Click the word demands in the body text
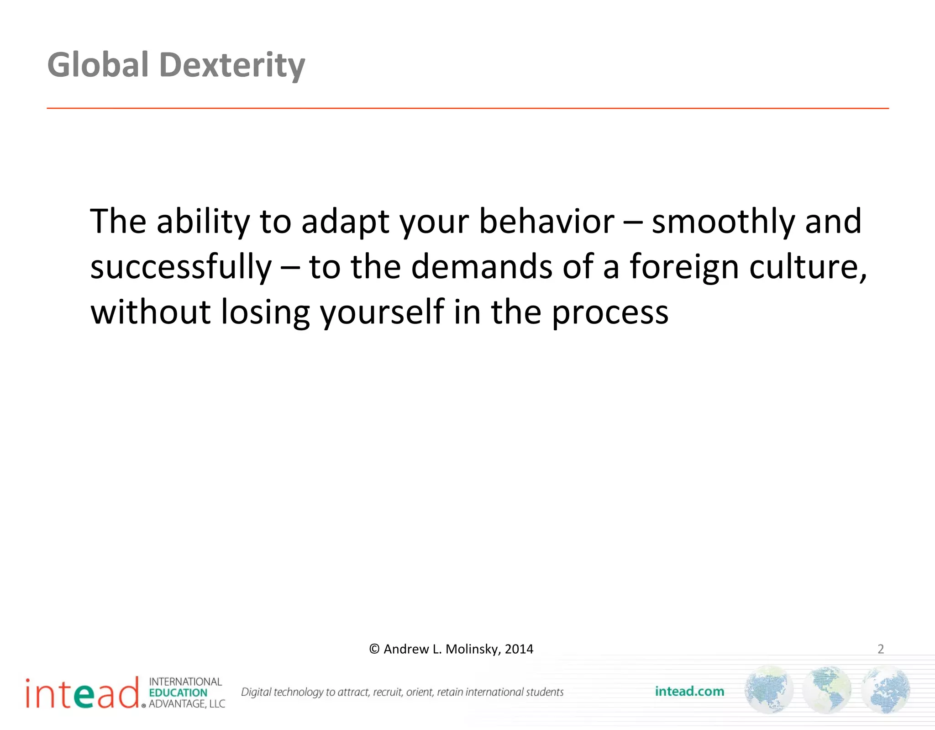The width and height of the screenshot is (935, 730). (x=482, y=267)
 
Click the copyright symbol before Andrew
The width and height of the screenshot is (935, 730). (x=374, y=649)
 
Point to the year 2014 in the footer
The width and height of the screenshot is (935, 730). (x=519, y=649)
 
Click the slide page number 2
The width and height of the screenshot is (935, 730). (x=881, y=649)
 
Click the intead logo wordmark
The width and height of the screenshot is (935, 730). (x=82, y=693)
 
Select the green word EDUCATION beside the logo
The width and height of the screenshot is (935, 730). (x=178, y=693)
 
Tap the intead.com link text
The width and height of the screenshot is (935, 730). (x=689, y=692)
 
